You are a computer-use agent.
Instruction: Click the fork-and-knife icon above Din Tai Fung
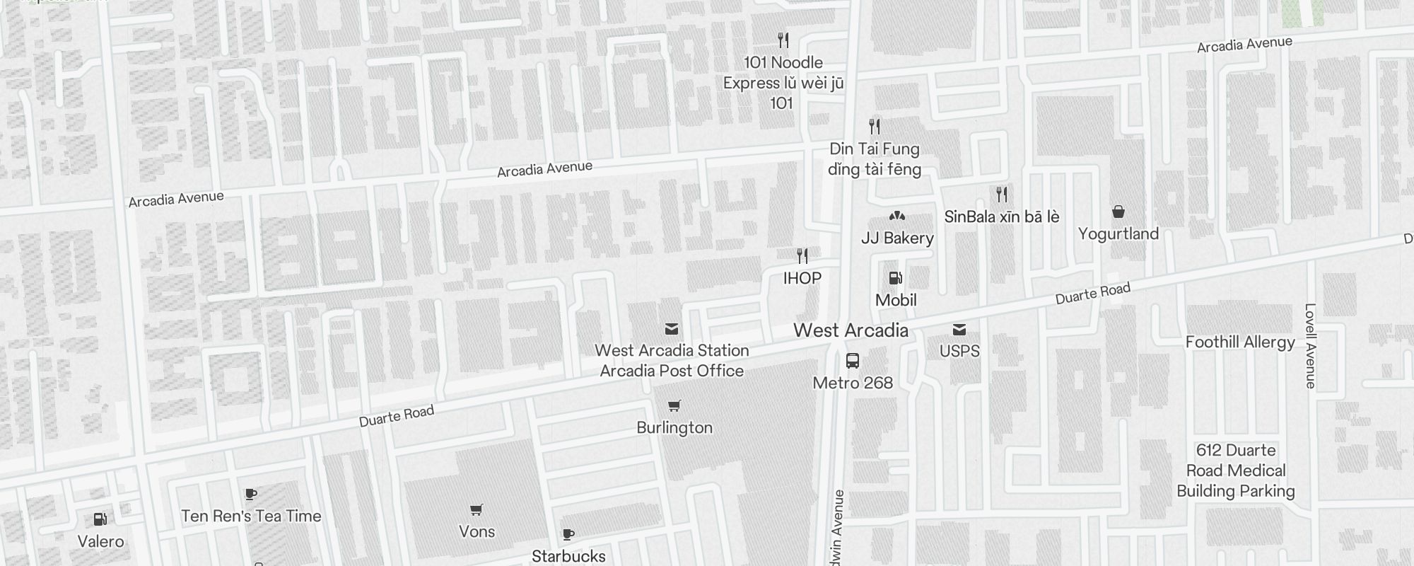tap(875, 127)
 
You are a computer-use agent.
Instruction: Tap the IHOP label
tap(802, 278)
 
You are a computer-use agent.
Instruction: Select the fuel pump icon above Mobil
tap(896, 278)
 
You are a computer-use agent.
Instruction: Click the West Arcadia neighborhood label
tap(851, 330)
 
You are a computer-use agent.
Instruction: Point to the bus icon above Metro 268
tap(853, 361)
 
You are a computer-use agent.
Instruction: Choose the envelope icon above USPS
tap(959, 330)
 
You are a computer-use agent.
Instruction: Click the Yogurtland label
tap(1118, 233)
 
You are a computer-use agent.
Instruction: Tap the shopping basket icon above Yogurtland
tap(1118, 212)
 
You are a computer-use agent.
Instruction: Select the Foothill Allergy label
tap(1240, 342)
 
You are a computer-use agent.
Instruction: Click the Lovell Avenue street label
tap(1310, 346)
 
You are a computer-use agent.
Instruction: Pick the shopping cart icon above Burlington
tap(674, 406)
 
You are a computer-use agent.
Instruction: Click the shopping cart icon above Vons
tap(477, 509)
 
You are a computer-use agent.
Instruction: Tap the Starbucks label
tap(568, 556)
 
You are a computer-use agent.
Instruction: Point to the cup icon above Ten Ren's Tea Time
tap(250, 494)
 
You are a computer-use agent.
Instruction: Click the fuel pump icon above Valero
tap(100, 520)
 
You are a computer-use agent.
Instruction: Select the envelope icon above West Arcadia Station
tap(672, 329)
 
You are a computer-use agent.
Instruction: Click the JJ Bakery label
tap(897, 238)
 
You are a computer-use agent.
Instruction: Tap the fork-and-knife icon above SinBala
tap(1001, 194)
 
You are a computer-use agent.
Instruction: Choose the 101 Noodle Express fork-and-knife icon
tap(783, 40)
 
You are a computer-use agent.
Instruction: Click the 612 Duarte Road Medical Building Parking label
tap(1236, 470)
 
